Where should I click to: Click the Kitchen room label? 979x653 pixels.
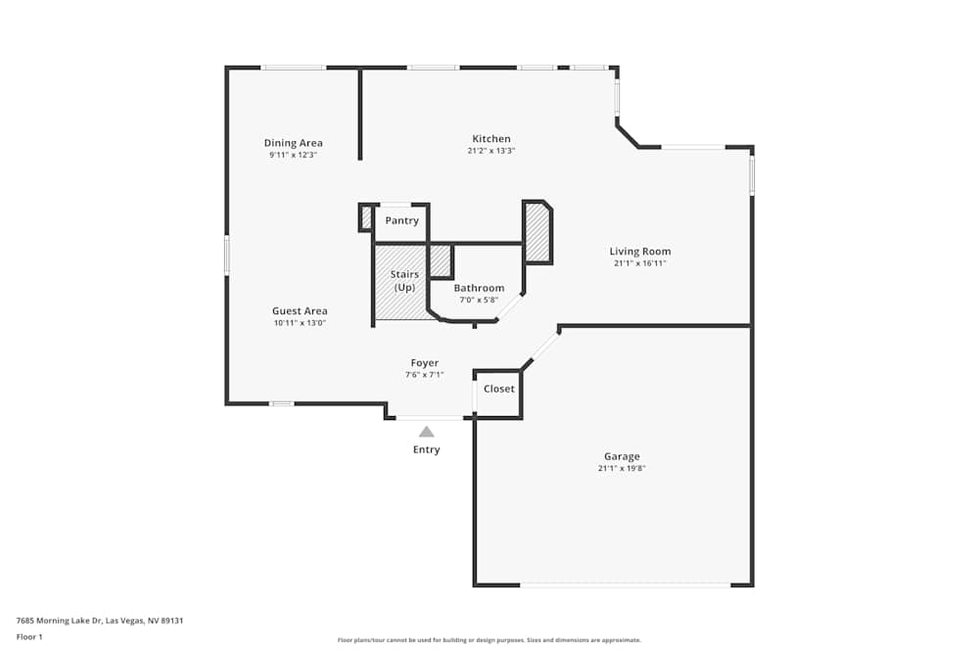[491, 139]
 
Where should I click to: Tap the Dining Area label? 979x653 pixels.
[293, 143]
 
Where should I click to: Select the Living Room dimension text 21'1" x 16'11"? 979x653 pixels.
[639, 263]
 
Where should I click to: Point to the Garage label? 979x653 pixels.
[622, 456]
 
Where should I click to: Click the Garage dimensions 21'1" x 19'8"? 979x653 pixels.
[622, 469]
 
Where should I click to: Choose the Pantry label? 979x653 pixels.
[401, 221]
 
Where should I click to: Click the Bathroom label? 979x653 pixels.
[479, 288]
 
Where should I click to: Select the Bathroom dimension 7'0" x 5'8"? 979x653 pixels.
[479, 300]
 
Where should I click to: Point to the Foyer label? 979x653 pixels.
[424, 363]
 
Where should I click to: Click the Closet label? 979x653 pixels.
[498, 389]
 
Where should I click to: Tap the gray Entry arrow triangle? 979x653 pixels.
[426, 431]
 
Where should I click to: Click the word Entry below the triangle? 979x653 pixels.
[426, 450]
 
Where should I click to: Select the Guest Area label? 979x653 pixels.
[300, 311]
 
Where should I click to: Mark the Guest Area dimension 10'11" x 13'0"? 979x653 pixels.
[300, 323]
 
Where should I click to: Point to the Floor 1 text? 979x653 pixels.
[29, 637]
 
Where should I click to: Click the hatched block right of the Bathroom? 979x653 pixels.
[537, 233]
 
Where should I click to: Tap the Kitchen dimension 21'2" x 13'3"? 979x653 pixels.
[491, 151]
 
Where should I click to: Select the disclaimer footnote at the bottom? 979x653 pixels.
[489, 640]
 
